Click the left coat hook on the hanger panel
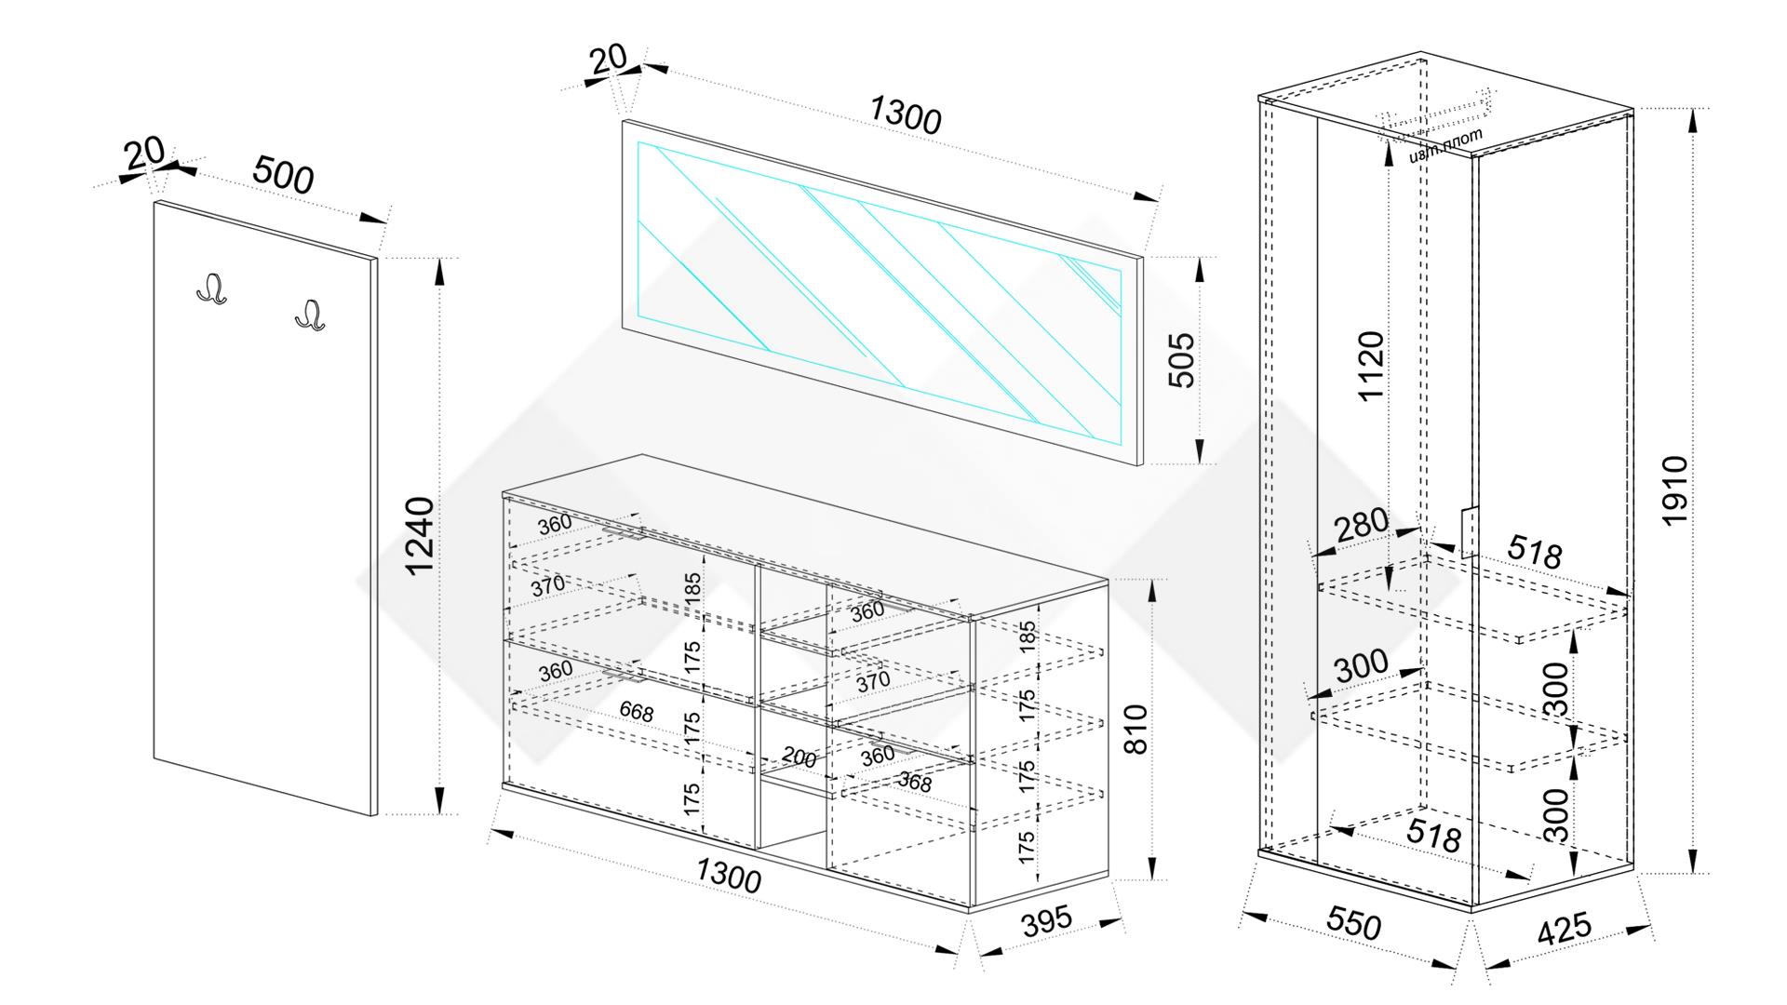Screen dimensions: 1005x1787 [212, 289]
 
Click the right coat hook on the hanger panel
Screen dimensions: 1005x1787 [310, 315]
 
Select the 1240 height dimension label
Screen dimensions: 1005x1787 [422, 536]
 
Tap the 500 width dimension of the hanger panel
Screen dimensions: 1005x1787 [283, 176]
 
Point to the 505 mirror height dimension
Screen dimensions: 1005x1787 [1181, 360]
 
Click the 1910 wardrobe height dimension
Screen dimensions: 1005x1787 [1674, 490]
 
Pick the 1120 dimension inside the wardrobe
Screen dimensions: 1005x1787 [1371, 366]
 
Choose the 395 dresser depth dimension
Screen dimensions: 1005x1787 [1047, 921]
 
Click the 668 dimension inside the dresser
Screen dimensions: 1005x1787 [637, 713]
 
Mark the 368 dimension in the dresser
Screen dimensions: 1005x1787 [914, 783]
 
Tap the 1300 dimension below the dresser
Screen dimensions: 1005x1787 [728, 876]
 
